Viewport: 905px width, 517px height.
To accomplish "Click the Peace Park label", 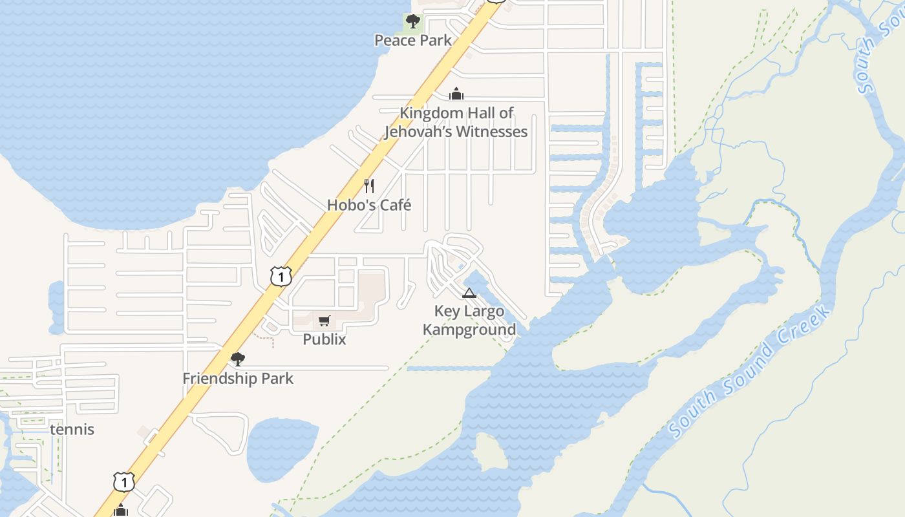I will (413, 40).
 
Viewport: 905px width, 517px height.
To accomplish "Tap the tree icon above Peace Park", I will (412, 21).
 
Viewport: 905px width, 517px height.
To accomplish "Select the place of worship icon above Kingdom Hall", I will (456, 94).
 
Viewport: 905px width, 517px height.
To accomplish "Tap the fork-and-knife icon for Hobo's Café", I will (369, 186).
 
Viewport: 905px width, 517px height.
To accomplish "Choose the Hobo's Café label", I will (369, 205).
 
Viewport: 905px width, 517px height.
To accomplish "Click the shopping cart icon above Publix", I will (325, 321).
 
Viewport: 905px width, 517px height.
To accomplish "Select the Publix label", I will (325, 339).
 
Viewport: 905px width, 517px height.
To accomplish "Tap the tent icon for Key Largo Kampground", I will (469, 293).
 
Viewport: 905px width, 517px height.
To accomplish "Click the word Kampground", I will (469, 330).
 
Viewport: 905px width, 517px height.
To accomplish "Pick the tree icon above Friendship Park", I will (238, 359).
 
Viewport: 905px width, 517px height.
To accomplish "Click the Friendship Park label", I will (238, 378).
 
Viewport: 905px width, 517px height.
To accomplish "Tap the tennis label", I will (72, 429).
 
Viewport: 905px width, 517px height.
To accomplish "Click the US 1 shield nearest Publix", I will (281, 277).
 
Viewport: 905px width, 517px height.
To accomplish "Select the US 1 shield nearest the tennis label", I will (123, 481).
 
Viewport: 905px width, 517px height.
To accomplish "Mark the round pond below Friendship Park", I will (282, 449).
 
